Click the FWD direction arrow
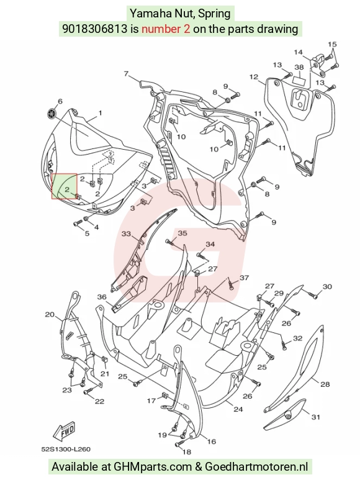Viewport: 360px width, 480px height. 64,432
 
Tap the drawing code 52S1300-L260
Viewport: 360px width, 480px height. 66,450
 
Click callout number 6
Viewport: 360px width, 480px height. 60,101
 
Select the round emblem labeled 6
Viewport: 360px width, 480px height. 52,114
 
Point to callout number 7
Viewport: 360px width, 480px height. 127,74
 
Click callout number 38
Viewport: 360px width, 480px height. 299,67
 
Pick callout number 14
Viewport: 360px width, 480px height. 298,52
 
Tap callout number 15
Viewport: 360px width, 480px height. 332,44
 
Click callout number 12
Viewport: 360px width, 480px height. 254,77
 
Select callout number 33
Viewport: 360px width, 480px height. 127,234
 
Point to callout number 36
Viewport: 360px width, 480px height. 102,297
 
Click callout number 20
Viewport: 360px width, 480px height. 50,314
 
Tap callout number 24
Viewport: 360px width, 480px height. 238,409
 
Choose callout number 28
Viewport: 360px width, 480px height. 325,384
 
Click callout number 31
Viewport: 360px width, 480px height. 316,417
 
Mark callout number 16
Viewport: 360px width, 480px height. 212,442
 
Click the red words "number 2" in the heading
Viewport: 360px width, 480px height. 166,29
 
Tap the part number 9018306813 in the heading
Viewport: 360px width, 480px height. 94,29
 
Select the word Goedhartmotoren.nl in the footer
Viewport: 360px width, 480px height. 256,467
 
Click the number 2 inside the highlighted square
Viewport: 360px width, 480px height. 67,190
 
